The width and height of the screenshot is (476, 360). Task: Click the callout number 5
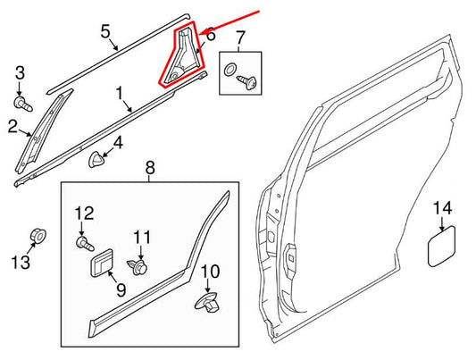click(x=105, y=35)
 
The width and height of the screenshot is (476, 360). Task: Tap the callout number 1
click(x=119, y=93)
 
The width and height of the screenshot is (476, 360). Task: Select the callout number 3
click(x=20, y=72)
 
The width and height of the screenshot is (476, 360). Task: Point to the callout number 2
click(x=13, y=128)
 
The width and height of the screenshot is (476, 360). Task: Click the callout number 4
click(x=118, y=142)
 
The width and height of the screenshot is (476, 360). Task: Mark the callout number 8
click(x=149, y=167)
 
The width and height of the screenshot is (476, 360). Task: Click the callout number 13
click(x=20, y=262)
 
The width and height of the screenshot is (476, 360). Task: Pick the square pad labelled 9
click(x=101, y=264)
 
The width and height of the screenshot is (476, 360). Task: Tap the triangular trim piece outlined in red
click(x=186, y=59)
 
